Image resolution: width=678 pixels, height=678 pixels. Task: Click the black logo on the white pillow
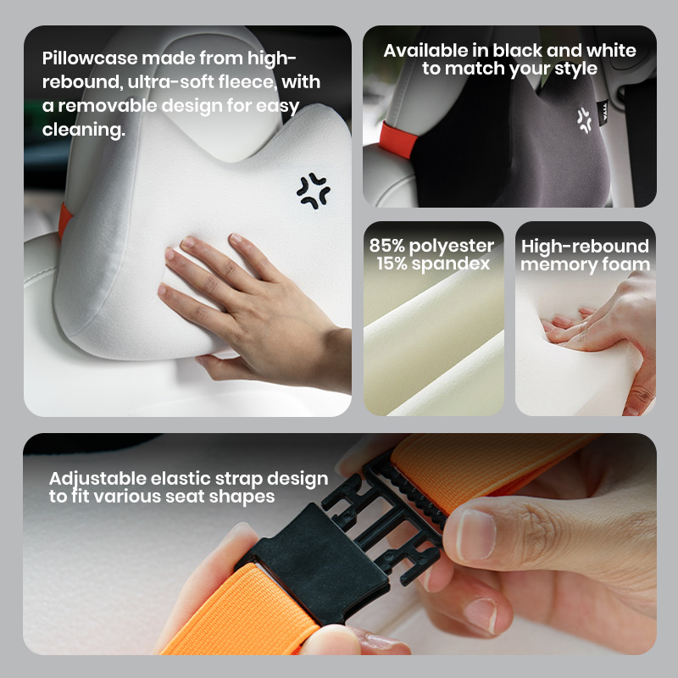(313, 191)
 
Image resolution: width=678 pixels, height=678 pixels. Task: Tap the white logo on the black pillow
(585, 120)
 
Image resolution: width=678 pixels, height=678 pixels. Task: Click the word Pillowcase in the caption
(90, 58)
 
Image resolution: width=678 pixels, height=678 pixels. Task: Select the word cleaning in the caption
(83, 130)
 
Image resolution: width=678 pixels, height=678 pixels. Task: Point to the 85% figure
(387, 246)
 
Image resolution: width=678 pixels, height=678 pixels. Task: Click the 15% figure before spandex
(392, 264)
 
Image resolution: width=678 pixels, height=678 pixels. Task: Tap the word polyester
(452, 247)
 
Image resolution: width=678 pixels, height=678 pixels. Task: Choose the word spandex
(451, 264)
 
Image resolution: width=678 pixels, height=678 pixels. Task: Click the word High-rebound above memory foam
(585, 247)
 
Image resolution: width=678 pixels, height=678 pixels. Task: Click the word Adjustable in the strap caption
(97, 479)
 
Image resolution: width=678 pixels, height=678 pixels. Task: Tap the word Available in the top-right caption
(425, 51)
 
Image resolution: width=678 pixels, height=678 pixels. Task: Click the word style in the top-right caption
(575, 69)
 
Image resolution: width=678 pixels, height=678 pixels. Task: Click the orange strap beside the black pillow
(397, 140)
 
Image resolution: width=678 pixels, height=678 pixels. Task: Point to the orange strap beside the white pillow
(64, 220)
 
